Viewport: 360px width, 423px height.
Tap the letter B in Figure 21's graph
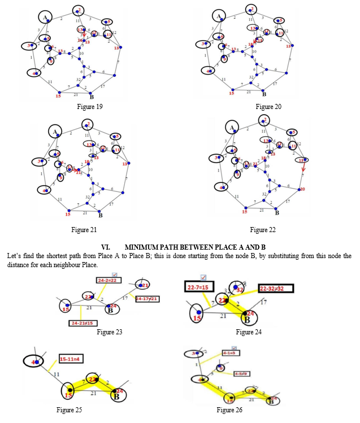pyautogui.click(x=100, y=215)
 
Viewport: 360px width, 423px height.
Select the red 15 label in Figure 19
pyautogui.click(x=58, y=96)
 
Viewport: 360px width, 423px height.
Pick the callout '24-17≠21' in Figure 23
pyautogui.click(x=146, y=299)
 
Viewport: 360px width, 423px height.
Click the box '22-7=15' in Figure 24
pyautogui.click(x=199, y=287)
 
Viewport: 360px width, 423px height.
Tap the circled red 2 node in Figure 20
pyautogui.click(x=250, y=10)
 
